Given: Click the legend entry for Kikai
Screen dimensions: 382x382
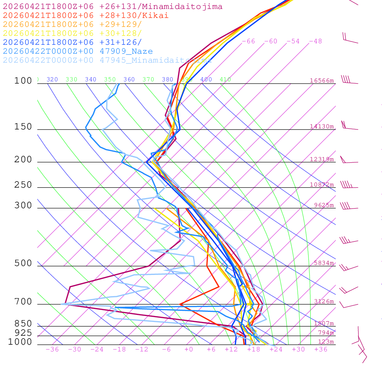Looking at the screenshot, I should (86, 16).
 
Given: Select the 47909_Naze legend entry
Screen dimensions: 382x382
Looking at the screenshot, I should (78, 51).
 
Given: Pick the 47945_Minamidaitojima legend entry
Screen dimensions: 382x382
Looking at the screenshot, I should (107, 60).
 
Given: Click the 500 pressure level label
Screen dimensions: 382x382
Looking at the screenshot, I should (23, 263).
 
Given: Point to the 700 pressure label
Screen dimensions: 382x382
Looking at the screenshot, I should (23, 302).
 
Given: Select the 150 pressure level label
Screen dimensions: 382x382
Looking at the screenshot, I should (23, 127).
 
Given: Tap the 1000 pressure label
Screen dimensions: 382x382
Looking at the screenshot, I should (20, 342).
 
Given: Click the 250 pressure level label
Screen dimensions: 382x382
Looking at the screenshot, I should (23, 185).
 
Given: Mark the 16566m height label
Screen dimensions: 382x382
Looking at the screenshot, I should (322, 81).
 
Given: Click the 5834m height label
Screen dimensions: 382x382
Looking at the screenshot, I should (324, 263).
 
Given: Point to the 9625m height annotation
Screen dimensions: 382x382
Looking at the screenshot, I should (324, 205).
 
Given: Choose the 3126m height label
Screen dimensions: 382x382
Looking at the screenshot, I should (324, 301).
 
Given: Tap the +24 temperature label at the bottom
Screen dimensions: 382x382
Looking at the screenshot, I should (276, 349).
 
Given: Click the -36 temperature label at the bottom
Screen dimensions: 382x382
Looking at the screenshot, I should (52, 349).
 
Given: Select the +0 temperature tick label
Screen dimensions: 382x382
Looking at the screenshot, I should (189, 349).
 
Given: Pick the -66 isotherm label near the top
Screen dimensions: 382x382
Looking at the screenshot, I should (248, 41).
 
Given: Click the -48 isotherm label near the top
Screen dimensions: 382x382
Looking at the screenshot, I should (316, 41).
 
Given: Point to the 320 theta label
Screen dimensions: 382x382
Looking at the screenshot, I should (52, 79).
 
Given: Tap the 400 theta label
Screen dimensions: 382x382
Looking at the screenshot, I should (206, 79).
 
